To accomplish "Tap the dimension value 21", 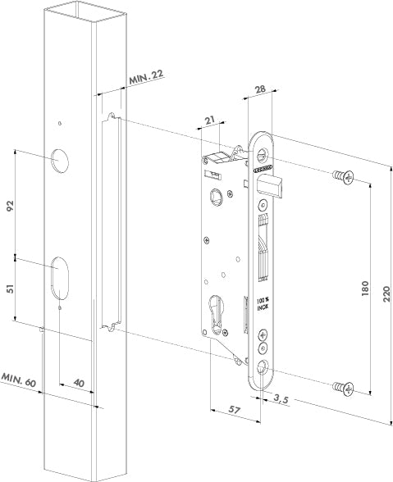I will tap(212, 120).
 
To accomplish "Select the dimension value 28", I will tap(258, 89).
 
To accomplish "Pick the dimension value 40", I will tap(78, 384).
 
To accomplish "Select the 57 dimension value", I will tap(233, 409).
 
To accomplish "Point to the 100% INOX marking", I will tap(262, 303).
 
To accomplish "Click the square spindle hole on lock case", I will tap(217, 196).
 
